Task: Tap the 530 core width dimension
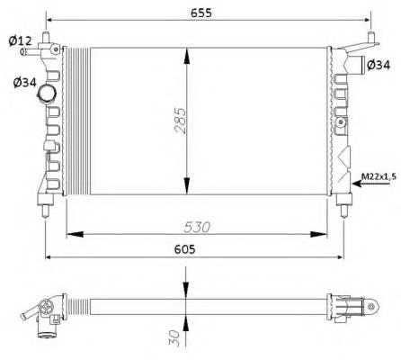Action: click(x=199, y=227)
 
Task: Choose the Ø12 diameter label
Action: click(x=19, y=40)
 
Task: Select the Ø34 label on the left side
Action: click(x=24, y=83)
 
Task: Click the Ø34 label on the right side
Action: click(x=379, y=64)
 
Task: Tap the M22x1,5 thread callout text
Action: click(x=378, y=175)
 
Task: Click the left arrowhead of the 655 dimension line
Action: click(x=50, y=20)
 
